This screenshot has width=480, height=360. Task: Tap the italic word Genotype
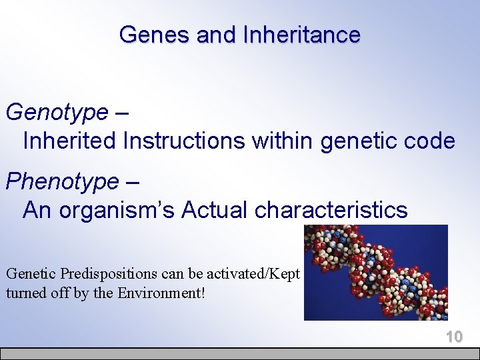point(57,113)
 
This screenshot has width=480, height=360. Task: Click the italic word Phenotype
point(62,181)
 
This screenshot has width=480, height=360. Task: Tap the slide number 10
point(454,337)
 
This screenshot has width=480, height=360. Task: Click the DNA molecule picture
point(375,272)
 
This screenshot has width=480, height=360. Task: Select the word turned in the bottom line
point(25,293)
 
